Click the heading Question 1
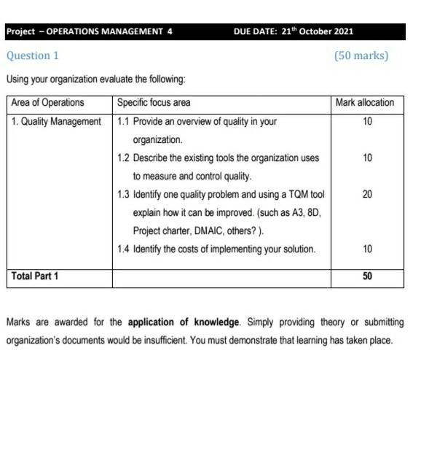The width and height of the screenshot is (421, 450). click(33, 55)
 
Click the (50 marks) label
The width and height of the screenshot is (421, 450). click(361, 55)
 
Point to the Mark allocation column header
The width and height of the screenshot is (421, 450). click(364, 103)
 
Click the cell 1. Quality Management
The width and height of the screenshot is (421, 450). click(56, 121)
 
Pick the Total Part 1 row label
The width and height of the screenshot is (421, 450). click(35, 276)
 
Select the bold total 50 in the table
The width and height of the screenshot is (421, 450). click(367, 276)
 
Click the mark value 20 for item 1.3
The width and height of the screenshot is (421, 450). click(367, 195)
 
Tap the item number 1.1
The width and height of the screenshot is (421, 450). click(123, 121)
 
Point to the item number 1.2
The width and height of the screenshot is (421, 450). click(123, 158)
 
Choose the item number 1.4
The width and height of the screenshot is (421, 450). click(123, 249)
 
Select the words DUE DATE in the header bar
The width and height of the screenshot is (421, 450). click(257, 32)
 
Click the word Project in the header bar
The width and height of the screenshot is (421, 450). click(20, 32)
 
